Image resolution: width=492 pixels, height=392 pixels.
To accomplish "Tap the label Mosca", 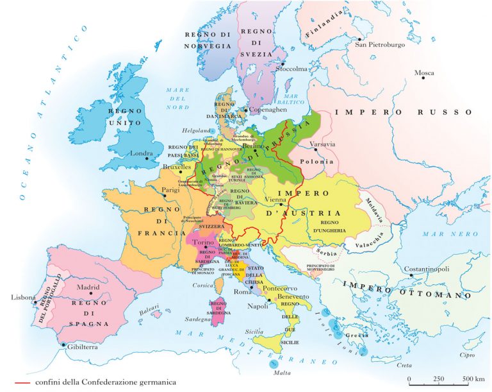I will (423, 73).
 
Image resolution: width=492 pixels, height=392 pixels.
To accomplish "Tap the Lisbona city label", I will (22, 298).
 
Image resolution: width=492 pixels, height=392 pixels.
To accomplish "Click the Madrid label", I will (89, 287).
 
